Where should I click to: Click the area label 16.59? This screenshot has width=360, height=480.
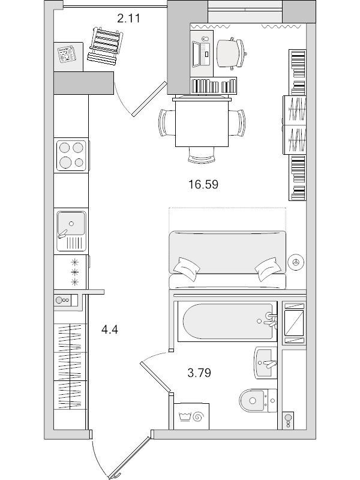click(x=202, y=184)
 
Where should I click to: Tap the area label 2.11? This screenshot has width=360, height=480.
click(x=128, y=18)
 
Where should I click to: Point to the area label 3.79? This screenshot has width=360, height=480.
click(x=199, y=373)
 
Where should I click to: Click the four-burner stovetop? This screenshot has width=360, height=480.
click(x=71, y=154)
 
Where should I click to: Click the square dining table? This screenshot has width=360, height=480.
click(x=202, y=124)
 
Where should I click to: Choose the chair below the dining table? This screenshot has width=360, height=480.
click(x=202, y=156)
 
